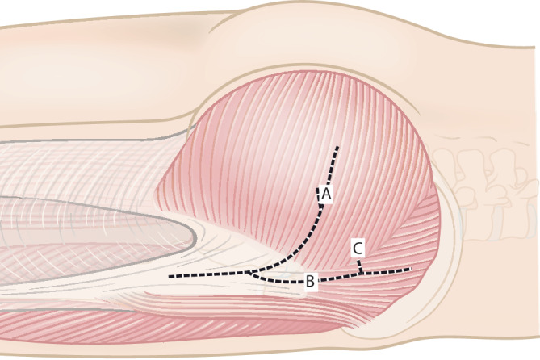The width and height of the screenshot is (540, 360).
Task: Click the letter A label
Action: [326, 194]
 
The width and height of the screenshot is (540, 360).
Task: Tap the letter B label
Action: [310, 282]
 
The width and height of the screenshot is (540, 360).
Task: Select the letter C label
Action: [357, 248]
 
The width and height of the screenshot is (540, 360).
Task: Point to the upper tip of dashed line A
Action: [337, 148]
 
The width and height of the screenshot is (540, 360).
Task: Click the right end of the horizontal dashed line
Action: [410, 269]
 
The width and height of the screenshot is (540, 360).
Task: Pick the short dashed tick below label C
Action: [359, 265]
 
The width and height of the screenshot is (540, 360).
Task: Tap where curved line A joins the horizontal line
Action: [250, 274]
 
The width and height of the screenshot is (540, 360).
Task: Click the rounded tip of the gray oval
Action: [194, 234]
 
